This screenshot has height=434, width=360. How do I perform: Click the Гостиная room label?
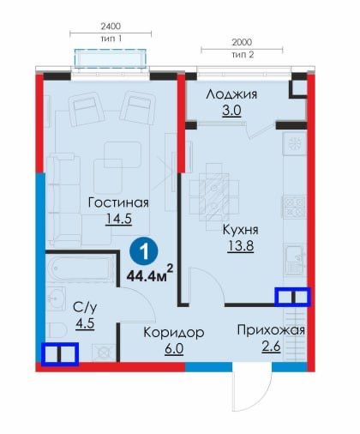118,202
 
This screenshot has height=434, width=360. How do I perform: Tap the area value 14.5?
118,219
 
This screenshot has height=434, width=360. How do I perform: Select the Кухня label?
240,230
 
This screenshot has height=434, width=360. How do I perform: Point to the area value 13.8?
241,245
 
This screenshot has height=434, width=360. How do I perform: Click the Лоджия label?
231,94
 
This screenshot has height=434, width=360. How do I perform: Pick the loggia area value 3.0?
231,111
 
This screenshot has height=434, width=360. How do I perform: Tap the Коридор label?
174,333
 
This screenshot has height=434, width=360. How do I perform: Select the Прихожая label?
271,330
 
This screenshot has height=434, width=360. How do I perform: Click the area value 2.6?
271,347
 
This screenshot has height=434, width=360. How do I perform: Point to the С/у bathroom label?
85,308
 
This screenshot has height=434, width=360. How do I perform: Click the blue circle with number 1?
144,252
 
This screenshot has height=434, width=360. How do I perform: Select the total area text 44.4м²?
150,274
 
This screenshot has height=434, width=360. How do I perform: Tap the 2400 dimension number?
111,27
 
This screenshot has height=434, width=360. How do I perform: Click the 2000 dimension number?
242,42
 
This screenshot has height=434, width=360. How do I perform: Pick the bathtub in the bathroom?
81,268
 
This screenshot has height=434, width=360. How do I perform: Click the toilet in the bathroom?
57,331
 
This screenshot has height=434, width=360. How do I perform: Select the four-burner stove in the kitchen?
294,207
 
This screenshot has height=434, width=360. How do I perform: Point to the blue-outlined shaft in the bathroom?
60,354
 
